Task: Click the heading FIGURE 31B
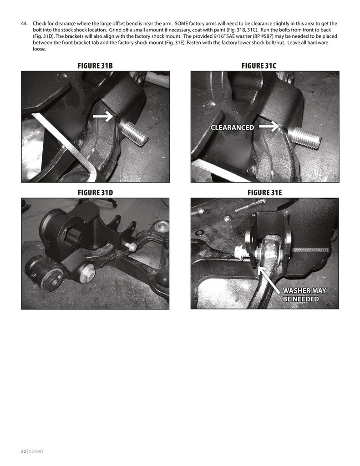(x=95, y=66)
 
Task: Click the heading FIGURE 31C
(x=259, y=66)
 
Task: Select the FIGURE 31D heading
(x=95, y=193)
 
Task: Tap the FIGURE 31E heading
(x=265, y=193)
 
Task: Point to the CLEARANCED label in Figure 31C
(x=232, y=127)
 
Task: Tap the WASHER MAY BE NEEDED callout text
(x=304, y=295)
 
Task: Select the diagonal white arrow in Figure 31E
(x=272, y=282)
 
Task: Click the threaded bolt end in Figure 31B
(x=135, y=133)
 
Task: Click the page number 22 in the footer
(x=24, y=452)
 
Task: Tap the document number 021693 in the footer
(x=36, y=452)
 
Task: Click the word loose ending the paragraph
(x=39, y=49)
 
